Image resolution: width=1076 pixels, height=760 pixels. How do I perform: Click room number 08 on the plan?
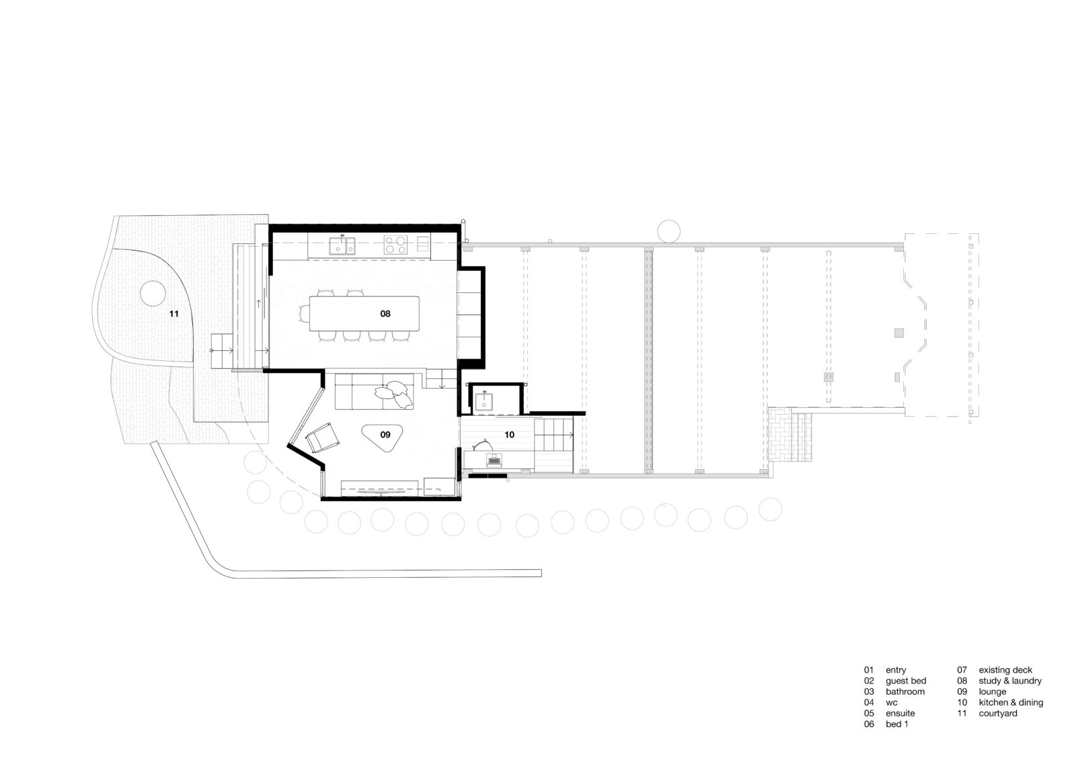click(385, 314)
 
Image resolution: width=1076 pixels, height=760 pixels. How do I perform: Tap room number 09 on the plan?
click(385, 435)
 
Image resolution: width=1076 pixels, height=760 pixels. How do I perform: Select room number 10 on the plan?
click(509, 435)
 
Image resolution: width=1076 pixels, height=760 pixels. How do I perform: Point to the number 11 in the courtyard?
click(174, 314)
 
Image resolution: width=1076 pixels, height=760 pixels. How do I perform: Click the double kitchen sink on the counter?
click(342, 245)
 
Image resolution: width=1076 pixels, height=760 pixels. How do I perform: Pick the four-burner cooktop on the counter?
click(396, 245)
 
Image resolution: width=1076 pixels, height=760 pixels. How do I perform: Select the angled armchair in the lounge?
click(322, 437)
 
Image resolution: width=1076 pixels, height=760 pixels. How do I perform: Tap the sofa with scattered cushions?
click(374, 392)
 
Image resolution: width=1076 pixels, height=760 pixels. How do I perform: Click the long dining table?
click(364, 314)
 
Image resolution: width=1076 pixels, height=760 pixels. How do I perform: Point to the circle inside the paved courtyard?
click(153, 294)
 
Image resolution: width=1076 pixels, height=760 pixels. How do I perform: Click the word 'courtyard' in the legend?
click(998, 714)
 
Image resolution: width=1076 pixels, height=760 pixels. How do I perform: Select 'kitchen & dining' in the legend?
click(1011, 702)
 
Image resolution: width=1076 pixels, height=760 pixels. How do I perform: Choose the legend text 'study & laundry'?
click(1009, 681)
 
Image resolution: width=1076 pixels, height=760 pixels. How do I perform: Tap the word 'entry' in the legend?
click(896, 670)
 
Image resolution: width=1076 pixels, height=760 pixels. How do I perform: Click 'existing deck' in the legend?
click(1005, 670)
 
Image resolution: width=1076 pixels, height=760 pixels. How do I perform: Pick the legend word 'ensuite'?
click(900, 714)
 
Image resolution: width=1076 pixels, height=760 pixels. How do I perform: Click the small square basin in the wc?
click(484, 401)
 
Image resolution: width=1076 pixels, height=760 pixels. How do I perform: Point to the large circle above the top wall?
click(668, 231)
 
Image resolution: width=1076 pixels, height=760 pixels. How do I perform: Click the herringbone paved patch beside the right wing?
click(790, 434)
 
